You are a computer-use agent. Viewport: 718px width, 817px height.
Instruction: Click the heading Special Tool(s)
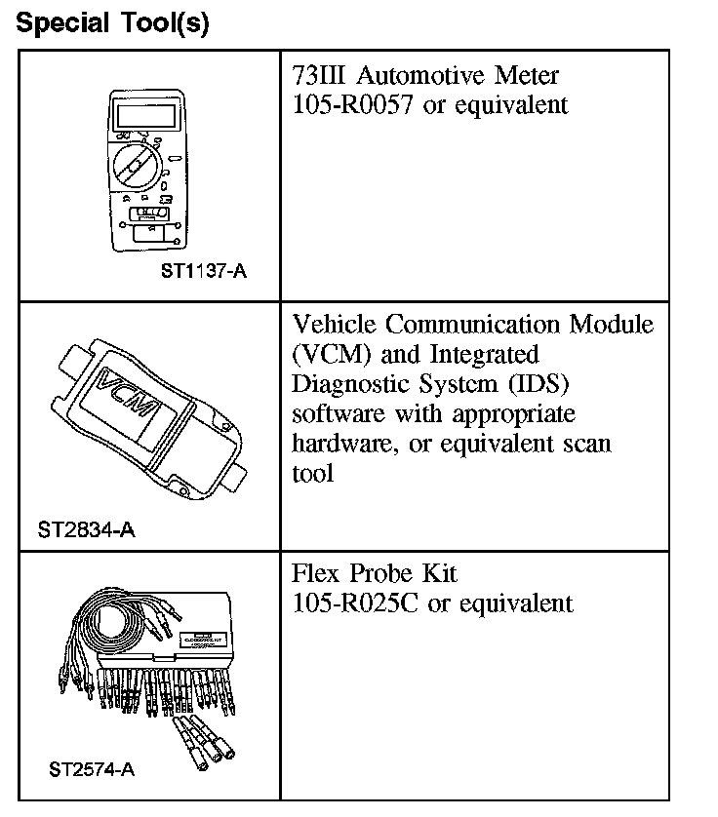tap(113, 23)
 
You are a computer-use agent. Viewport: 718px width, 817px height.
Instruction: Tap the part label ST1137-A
tap(204, 271)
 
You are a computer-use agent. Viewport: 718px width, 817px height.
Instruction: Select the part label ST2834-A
tap(86, 530)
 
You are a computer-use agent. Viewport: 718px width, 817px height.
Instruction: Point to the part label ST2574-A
tap(92, 770)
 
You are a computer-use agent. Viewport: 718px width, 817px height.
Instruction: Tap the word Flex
tap(313, 573)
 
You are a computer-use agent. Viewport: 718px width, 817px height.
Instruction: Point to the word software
tap(338, 414)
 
